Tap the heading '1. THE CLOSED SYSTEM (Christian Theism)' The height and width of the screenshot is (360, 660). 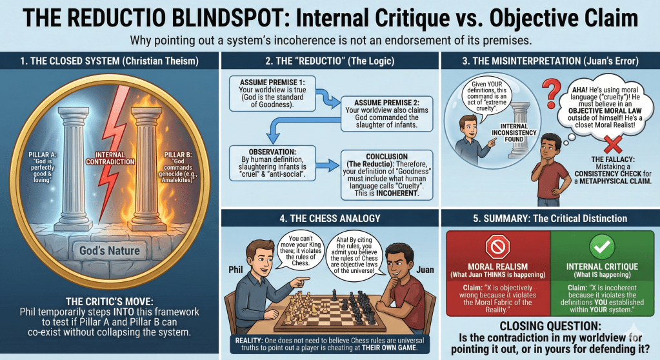point(109,62)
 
